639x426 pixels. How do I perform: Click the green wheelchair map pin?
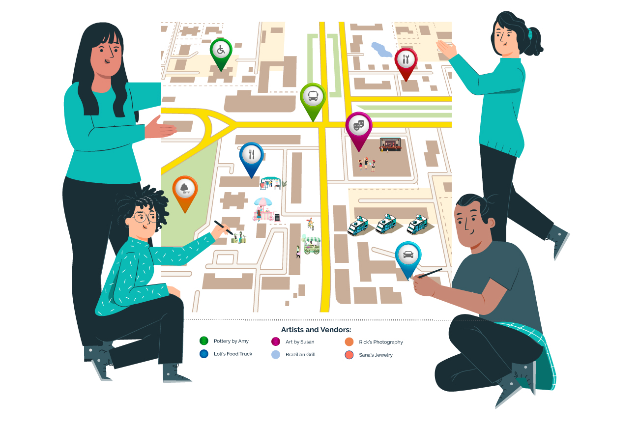tap(221, 51)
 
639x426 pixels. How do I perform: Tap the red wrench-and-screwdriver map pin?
tap(406, 60)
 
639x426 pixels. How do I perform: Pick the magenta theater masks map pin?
tap(359, 126)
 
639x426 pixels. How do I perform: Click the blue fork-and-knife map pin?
tap(251, 156)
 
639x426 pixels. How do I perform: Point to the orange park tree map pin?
tap(185, 189)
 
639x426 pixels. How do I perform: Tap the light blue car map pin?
tap(408, 256)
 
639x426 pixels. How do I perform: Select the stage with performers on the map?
tap(390, 144)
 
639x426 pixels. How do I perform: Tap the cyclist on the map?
tap(310, 225)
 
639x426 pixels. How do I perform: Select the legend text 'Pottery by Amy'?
tap(231, 341)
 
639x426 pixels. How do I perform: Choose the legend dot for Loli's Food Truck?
tap(204, 354)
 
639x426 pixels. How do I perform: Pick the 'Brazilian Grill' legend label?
tap(300, 354)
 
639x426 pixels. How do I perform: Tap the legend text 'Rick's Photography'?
tap(380, 342)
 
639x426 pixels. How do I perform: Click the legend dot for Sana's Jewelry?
tap(349, 355)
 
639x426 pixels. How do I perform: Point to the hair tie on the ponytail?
tap(530, 34)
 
